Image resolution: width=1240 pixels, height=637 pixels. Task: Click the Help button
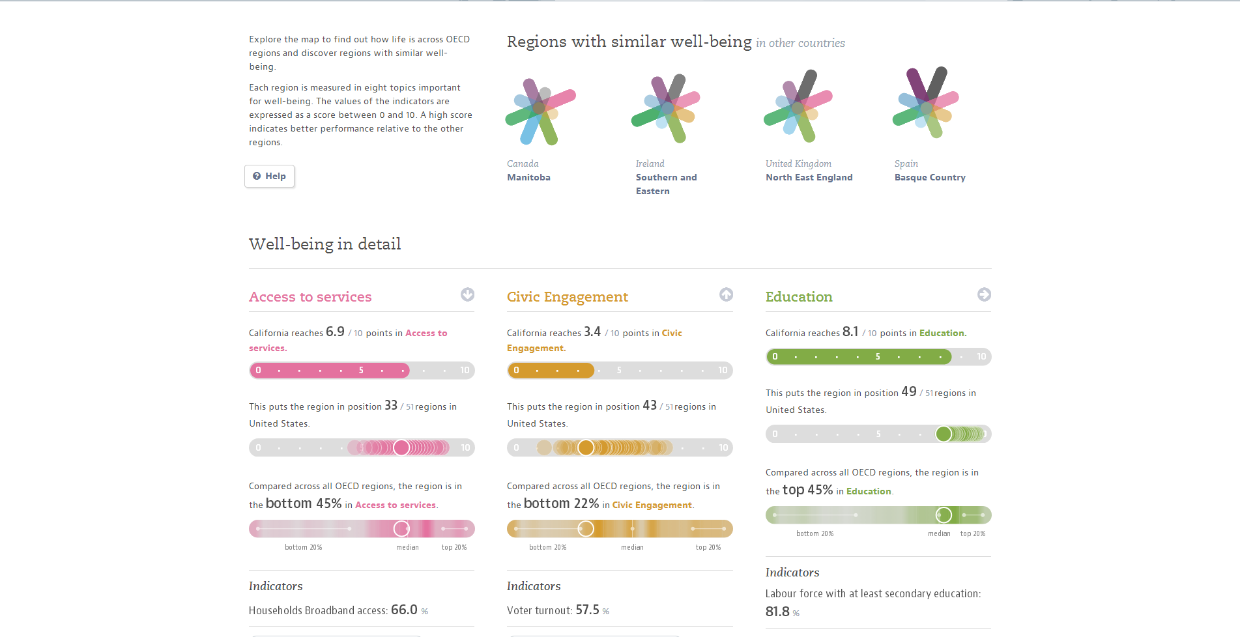click(270, 177)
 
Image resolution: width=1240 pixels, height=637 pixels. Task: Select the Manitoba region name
click(528, 178)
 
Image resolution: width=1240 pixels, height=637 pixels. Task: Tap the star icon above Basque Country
click(925, 103)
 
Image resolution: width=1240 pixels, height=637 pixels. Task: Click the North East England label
click(809, 178)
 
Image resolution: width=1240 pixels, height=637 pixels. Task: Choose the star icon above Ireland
click(665, 107)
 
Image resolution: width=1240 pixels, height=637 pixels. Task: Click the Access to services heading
click(310, 297)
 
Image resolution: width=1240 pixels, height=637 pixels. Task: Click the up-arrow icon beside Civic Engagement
click(726, 294)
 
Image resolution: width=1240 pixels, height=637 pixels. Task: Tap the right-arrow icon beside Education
click(984, 294)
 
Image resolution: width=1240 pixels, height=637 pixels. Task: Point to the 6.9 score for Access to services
click(335, 332)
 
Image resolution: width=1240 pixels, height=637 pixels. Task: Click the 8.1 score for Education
click(850, 332)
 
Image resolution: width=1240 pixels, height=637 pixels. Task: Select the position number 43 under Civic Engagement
click(650, 405)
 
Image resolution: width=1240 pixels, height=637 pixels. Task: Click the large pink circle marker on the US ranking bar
click(401, 447)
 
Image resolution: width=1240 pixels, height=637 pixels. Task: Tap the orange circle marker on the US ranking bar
click(586, 447)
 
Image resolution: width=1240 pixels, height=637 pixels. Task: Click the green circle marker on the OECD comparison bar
click(944, 515)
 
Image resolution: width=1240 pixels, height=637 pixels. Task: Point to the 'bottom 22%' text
click(561, 504)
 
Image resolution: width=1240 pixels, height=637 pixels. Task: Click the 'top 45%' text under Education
click(807, 490)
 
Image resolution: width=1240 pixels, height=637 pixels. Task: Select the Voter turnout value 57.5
click(587, 610)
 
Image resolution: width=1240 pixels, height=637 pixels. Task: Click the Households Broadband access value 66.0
click(404, 610)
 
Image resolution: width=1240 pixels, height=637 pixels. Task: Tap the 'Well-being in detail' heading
click(324, 244)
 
